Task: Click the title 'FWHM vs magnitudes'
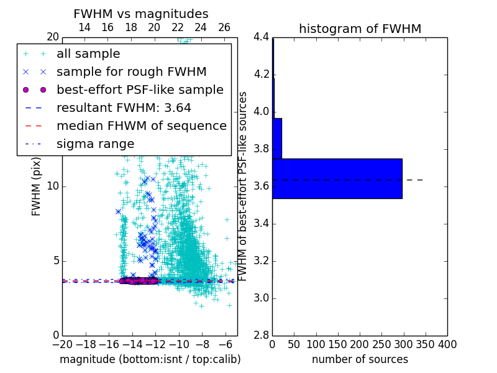[x=141, y=14]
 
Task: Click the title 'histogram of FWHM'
[x=360, y=29]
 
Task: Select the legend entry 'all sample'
[x=88, y=54]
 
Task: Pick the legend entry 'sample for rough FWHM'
[x=131, y=71]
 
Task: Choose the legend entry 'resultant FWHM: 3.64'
[x=124, y=108]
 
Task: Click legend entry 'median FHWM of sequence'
[x=141, y=126]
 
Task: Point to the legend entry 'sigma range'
[x=95, y=144]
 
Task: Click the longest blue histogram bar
[x=337, y=178]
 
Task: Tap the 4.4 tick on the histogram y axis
[x=261, y=37]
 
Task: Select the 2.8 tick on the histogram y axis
[x=261, y=336]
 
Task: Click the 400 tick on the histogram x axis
[x=447, y=344]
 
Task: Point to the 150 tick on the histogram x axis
[x=338, y=344]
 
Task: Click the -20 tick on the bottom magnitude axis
[x=62, y=344]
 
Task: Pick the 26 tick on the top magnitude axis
[x=224, y=27]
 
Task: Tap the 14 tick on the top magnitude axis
[x=84, y=27]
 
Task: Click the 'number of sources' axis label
[x=360, y=359]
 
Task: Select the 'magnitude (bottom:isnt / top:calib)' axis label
[x=150, y=359]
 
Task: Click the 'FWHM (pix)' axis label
[x=37, y=186]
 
